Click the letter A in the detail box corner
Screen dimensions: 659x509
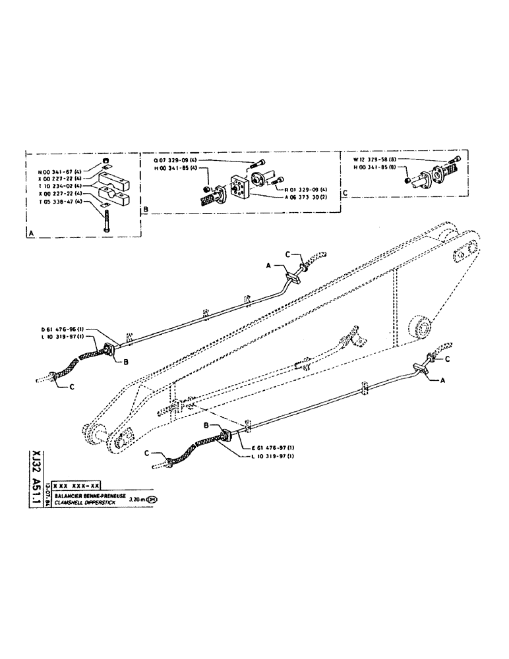point(31,233)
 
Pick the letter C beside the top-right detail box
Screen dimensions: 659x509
point(345,193)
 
